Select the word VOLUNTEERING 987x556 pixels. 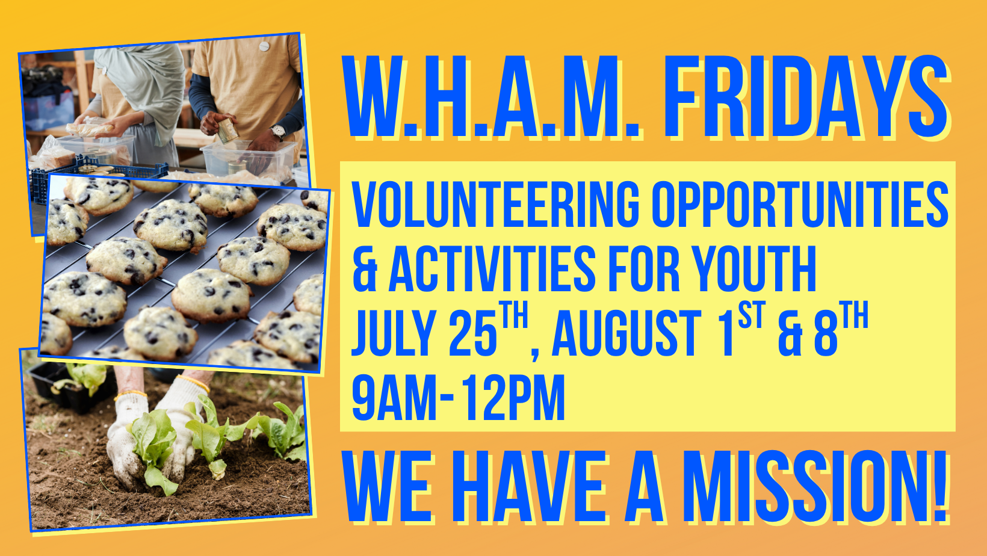coord(495,204)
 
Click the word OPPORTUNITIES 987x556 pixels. coord(800,204)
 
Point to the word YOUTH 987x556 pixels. coord(753,268)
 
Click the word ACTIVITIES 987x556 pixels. coord(492,268)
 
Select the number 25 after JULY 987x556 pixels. coord(472,333)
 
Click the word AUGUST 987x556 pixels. coord(626,333)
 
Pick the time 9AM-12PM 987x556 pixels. coord(458,397)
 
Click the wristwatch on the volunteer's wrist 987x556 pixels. coord(277,131)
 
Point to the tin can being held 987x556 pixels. coord(227,131)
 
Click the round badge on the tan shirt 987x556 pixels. coord(264,46)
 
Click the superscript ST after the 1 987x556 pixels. coord(752,315)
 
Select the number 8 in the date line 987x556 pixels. coord(826,333)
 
